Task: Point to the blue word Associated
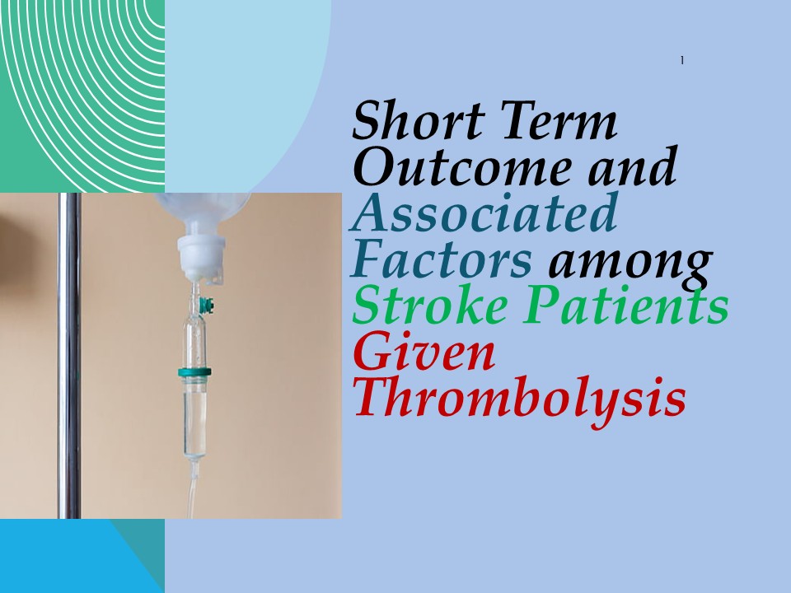tap(484, 213)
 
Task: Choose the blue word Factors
tap(442, 261)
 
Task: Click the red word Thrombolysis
tap(520, 399)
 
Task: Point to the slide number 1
tap(683, 60)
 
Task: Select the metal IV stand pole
tap(69, 354)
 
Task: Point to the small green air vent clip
tap(212, 306)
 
